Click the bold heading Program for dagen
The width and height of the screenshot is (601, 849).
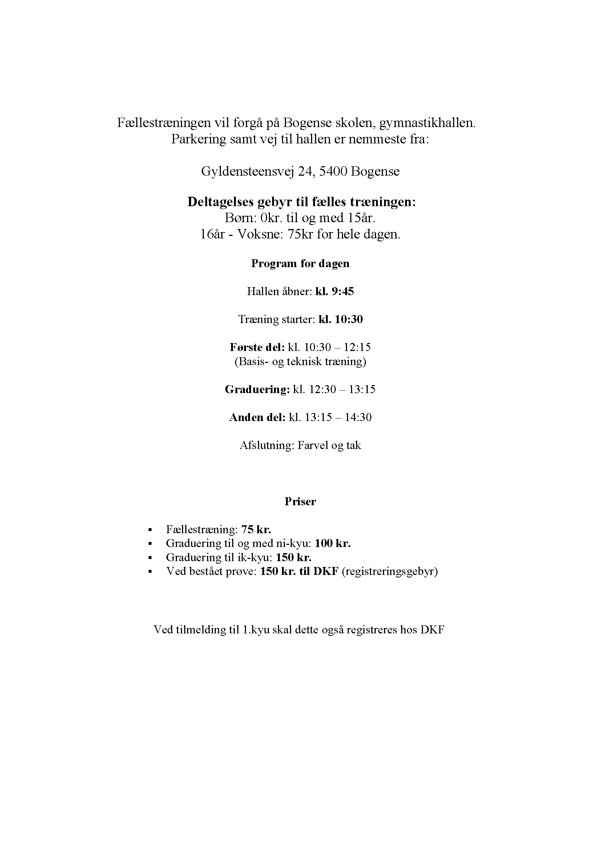click(300, 264)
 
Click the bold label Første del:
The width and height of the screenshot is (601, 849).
click(257, 347)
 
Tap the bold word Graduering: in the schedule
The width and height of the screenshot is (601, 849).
click(257, 389)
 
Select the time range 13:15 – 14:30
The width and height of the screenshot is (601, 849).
click(338, 417)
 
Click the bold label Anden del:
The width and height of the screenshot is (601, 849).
click(257, 417)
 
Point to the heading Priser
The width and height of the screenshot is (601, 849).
click(300, 502)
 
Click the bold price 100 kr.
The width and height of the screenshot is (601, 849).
click(332, 544)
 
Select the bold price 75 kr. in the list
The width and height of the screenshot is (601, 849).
click(256, 530)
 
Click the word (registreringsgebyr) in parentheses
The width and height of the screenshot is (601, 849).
click(390, 572)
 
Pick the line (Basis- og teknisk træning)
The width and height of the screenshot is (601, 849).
click(300, 361)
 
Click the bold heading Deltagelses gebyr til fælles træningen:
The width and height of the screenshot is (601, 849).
click(301, 202)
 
